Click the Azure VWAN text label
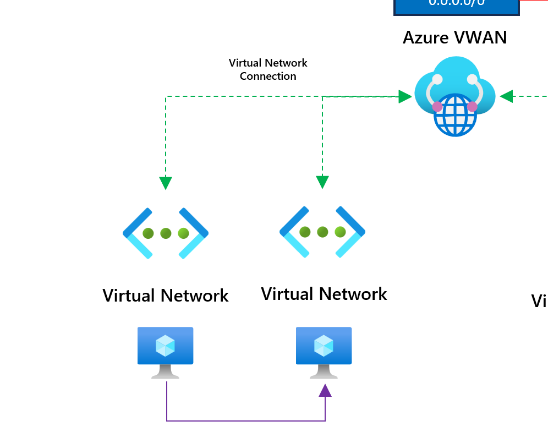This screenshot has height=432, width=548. coord(454,38)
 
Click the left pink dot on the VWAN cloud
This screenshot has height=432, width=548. coord(437,106)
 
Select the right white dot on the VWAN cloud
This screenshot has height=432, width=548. coord(472,79)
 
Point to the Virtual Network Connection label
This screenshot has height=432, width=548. coord(268,70)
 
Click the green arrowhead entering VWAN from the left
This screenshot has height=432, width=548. coord(405,97)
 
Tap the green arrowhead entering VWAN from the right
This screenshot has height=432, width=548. coord(507,97)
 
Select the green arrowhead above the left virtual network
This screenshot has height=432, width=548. coord(166,183)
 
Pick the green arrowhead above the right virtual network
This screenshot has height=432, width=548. coord(322,182)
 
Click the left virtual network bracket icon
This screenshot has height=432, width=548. coord(166,233)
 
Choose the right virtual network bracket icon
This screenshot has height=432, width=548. coord(322,232)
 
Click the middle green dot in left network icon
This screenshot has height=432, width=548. coord(166,233)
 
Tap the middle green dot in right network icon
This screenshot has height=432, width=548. coord(322,232)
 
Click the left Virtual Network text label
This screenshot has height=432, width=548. coord(166,296)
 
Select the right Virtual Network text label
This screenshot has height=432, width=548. coord(324,294)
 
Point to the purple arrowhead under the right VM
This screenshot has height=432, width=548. coord(325,391)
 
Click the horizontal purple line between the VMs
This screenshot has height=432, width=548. coord(245,421)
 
